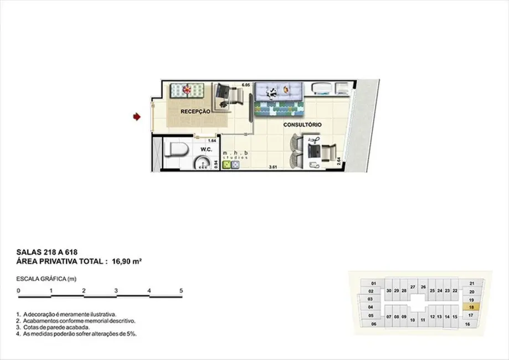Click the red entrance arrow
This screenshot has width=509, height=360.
click(x=136, y=116)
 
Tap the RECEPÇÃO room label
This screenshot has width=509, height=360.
click(x=196, y=111)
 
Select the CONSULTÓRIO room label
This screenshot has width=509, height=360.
click(x=302, y=125)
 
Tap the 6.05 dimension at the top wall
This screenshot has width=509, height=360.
click(x=246, y=85)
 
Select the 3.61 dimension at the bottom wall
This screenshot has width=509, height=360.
click(x=273, y=167)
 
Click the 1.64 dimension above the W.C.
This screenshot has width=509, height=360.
click(x=212, y=141)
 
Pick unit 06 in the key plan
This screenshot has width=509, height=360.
click(x=373, y=324)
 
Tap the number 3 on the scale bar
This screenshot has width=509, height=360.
click(x=116, y=290)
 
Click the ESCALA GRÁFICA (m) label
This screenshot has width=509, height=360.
click(x=46, y=279)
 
